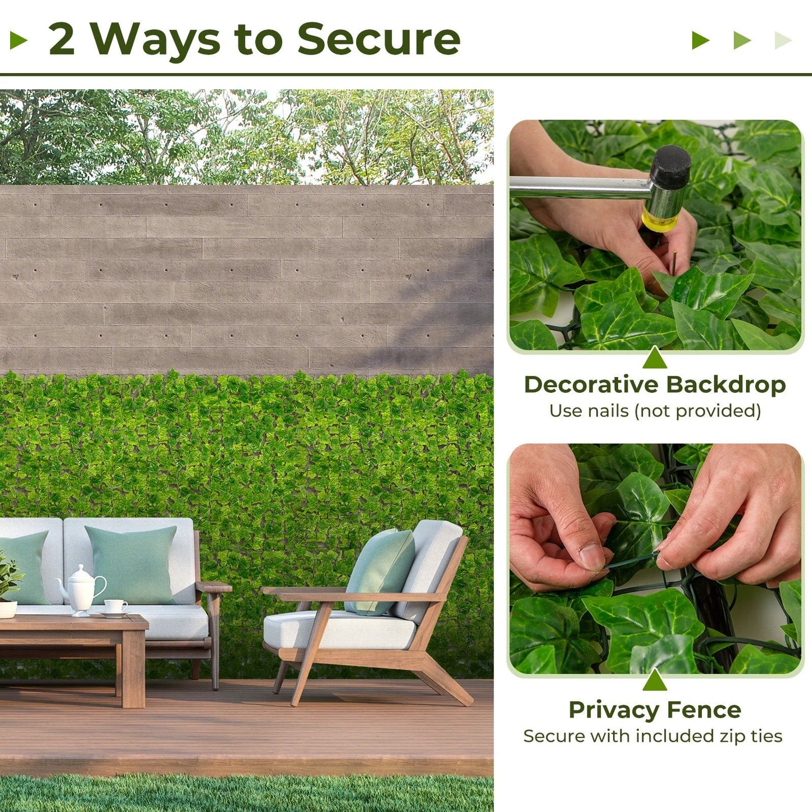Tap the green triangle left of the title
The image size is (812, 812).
coord(19,40)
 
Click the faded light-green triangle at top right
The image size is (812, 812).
coord(783,40)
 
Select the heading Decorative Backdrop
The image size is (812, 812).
coord(655,385)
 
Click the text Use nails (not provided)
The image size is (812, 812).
coord(655,411)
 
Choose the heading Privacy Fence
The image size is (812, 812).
coord(655,710)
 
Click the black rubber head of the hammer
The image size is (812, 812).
coord(672,167)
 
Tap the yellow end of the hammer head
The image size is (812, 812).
coord(659,220)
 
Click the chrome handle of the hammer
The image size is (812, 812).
coord(579,187)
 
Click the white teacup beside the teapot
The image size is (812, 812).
coord(115,607)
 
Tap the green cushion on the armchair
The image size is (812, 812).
coord(380,570)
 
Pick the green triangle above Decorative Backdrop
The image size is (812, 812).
coord(655,359)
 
